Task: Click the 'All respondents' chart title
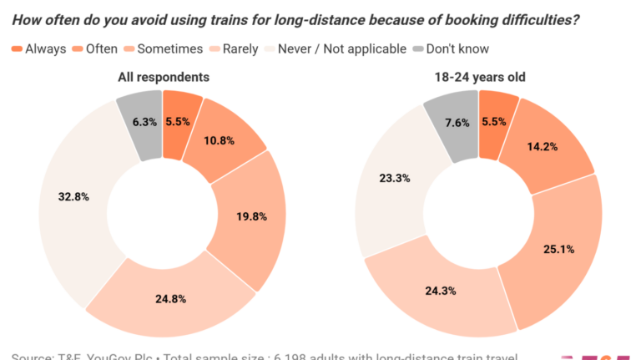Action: pyautogui.click(x=163, y=77)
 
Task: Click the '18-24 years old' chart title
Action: pyautogui.click(x=479, y=77)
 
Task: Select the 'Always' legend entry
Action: pyautogui.click(x=39, y=48)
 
